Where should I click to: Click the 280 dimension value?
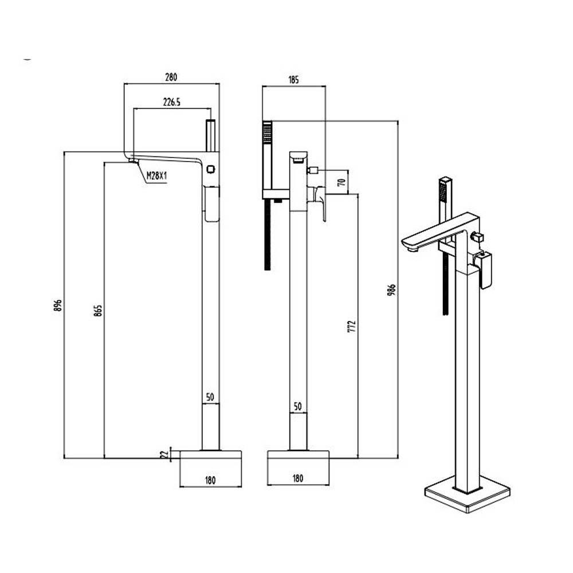coord(171,77)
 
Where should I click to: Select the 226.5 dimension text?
coord(172,102)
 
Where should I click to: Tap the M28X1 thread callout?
coord(156,176)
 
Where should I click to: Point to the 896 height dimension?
coord(58,305)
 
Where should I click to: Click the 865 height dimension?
coord(98,310)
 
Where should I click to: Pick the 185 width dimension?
coord(293,79)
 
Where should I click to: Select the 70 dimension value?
coord(343,182)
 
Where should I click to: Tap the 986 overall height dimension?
coord(392,290)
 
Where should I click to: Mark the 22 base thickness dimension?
coord(165,454)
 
